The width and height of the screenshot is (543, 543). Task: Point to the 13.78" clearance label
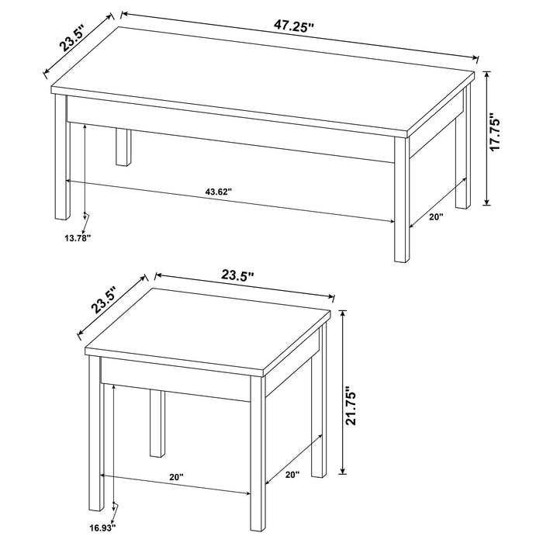(78, 239)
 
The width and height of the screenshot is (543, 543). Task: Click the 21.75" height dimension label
(353, 406)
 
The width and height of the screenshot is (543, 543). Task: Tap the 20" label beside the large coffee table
(435, 217)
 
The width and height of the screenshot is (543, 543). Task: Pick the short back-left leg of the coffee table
(122, 147)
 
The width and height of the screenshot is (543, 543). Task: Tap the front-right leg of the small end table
(259, 458)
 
